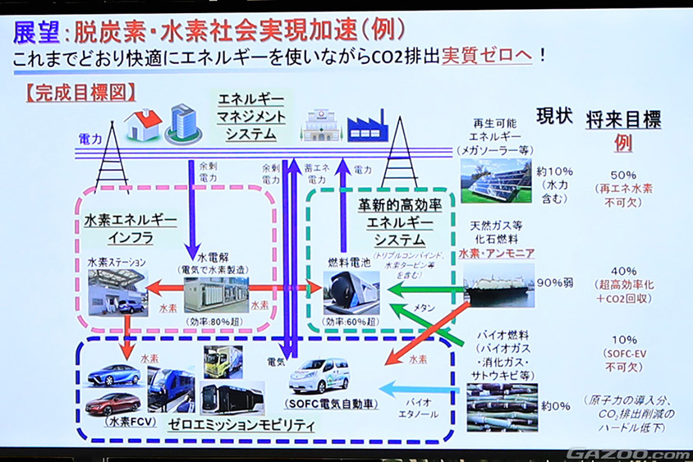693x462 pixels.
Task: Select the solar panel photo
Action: click(495, 180)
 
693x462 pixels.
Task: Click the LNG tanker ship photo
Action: click(498, 285)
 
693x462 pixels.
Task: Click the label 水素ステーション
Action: click(117, 262)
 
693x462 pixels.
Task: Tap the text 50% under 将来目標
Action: click(623, 175)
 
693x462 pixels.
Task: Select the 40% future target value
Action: click(623, 271)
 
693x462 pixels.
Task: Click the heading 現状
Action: click(554, 116)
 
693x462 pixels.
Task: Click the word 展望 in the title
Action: click(34, 31)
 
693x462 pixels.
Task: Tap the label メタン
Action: click(424, 307)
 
